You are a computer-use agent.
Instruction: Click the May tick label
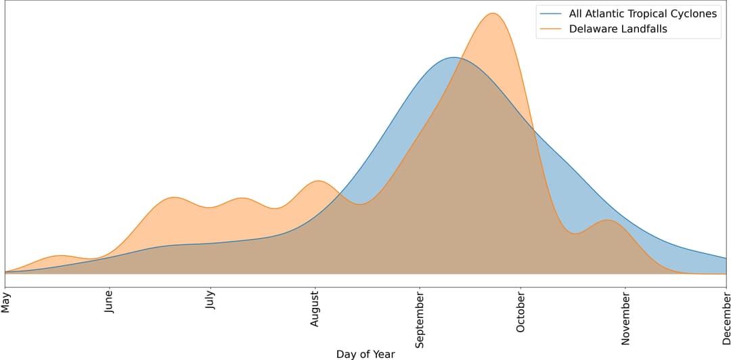[x=6, y=302]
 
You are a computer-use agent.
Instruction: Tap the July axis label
[x=211, y=302]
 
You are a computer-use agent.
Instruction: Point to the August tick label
[x=315, y=309]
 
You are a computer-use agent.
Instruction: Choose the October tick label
[x=520, y=312]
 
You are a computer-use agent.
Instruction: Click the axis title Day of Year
[x=365, y=354]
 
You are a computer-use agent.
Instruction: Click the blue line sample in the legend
[x=551, y=14]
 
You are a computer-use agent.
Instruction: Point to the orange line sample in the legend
[x=551, y=29]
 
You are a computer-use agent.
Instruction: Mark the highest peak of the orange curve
[x=492, y=13]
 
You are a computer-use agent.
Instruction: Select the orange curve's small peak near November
[x=607, y=220]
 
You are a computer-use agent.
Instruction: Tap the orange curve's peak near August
[x=317, y=181]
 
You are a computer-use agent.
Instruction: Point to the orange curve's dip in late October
[x=575, y=233]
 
